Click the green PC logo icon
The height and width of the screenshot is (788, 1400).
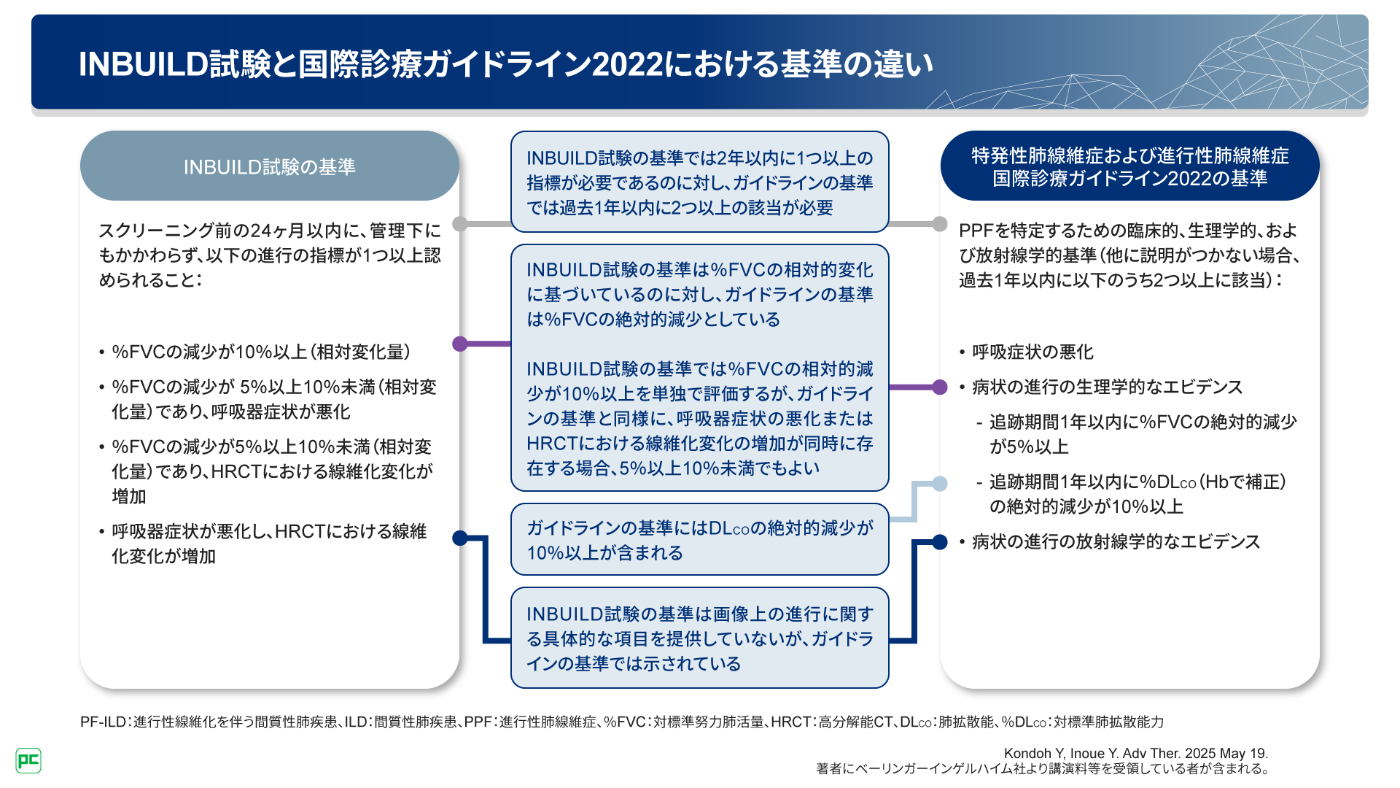(28, 761)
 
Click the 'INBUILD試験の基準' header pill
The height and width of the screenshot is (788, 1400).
(269, 166)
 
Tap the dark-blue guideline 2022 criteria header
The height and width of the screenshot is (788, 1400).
(1129, 166)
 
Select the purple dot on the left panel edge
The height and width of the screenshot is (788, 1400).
(460, 344)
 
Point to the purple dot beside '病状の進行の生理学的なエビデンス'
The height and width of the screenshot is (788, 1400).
(940, 387)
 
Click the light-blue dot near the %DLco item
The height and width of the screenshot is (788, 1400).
(940, 483)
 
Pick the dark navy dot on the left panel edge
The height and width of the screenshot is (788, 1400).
(460, 538)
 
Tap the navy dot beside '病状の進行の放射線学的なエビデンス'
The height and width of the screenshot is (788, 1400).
(940, 541)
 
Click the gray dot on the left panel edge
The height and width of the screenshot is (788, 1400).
(460, 223)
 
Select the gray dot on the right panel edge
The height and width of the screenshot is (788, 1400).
(940, 223)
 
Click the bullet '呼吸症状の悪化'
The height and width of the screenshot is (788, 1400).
(1032, 352)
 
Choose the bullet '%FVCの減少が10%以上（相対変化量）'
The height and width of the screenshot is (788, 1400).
(260, 352)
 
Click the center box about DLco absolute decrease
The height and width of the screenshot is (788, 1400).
(699, 540)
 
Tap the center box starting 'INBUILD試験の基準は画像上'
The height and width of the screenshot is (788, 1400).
(699, 638)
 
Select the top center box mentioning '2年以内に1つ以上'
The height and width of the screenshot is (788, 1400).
(699, 182)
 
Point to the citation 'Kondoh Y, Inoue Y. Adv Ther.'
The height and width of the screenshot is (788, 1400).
(1135, 753)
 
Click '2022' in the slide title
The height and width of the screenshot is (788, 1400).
(627, 64)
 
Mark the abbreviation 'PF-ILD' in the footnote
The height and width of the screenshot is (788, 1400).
(103, 722)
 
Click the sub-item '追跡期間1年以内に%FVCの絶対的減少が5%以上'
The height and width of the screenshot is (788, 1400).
(1143, 434)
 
